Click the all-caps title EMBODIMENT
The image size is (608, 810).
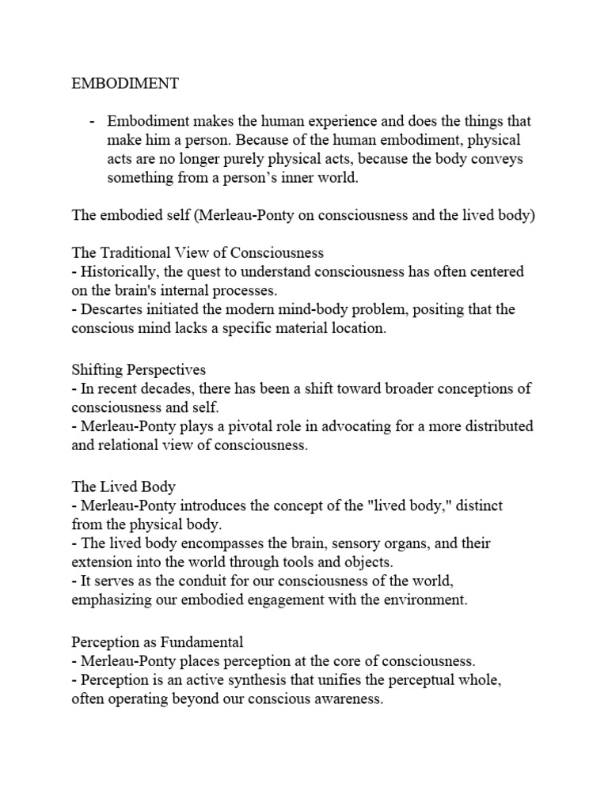coord(121,84)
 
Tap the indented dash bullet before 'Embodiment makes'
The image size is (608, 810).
coord(92,121)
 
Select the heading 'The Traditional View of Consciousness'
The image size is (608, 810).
coord(198,253)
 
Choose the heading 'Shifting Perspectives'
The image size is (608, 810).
coord(139,369)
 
